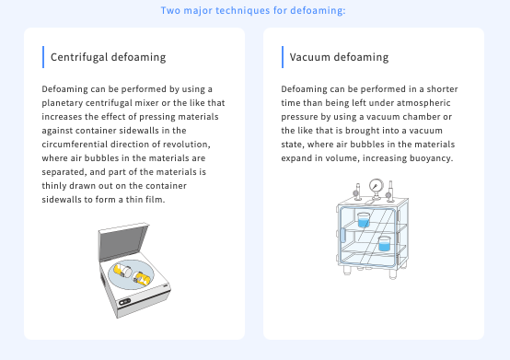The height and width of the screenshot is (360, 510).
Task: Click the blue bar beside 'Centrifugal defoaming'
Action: (43, 56)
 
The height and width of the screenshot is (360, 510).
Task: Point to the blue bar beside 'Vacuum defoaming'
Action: (283, 56)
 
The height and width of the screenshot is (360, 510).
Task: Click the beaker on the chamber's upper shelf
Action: (364, 221)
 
